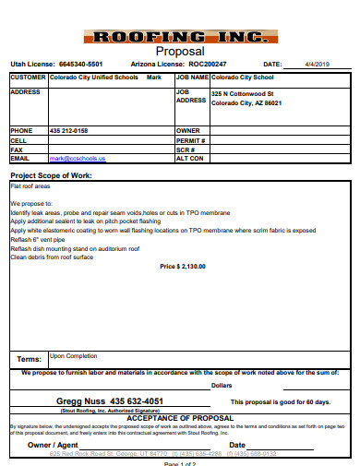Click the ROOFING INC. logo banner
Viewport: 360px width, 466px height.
point(181,37)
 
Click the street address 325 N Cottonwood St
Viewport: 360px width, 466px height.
point(243,94)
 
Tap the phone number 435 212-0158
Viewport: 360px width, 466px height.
point(69,131)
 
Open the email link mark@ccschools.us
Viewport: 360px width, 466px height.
point(78,158)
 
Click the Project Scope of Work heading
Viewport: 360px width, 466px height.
point(51,174)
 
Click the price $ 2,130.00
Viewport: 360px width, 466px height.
point(183,267)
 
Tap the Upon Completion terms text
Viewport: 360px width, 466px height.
point(73,355)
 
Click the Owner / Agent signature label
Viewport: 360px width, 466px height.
point(53,445)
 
